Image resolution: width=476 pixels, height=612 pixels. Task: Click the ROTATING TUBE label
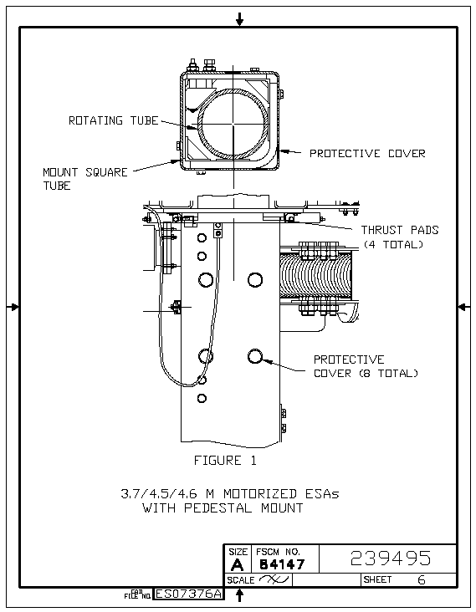[114, 120]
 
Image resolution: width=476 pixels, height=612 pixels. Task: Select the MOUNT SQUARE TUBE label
[85, 179]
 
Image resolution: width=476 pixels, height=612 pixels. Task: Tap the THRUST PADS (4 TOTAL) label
[400, 237]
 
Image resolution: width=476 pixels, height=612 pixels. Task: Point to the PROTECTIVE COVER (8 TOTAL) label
[366, 366]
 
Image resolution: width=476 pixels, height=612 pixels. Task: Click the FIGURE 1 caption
[225, 461]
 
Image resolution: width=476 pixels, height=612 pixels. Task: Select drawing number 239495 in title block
[391, 558]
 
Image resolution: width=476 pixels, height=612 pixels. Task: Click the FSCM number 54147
[282, 564]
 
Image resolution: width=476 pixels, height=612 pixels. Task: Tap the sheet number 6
[422, 580]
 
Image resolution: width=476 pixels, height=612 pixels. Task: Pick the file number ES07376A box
[189, 594]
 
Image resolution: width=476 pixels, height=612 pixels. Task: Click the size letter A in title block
[237, 565]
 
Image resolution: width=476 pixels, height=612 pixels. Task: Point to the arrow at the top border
[240, 18]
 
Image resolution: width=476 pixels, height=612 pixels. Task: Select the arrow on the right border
[464, 307]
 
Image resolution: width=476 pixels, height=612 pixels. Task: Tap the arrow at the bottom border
[240, 594]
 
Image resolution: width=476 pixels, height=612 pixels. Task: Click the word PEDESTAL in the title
[218, 508]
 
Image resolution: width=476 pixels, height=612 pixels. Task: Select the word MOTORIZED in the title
[260, 494]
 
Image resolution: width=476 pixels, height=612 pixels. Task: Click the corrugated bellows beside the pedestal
[315, 275]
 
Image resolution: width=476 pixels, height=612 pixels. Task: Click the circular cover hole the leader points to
[255, 356]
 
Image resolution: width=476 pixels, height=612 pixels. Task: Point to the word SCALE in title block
[241, 580]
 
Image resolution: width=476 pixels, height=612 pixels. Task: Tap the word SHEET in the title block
[377, 579]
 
